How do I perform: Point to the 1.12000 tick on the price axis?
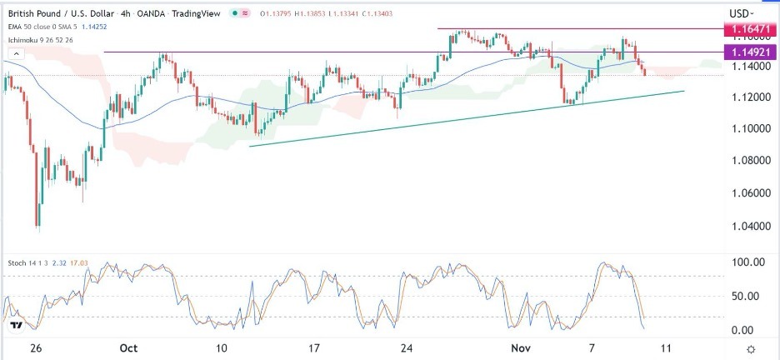click(748, 98)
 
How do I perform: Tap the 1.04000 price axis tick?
click(748, 226)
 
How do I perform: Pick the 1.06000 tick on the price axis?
click(748, 192)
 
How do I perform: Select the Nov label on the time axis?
click(519, 347)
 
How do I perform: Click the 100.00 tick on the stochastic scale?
click(747, 262)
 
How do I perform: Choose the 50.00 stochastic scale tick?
click(747, 296)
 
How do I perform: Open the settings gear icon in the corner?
click(751, 348)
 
